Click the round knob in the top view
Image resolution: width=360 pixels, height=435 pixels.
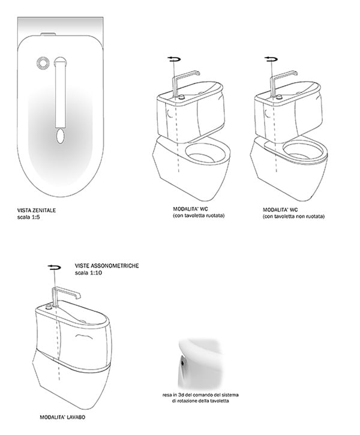coord(43,62)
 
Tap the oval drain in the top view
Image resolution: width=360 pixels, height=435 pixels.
coord(60,136)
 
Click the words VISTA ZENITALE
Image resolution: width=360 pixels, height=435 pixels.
coord(37,210)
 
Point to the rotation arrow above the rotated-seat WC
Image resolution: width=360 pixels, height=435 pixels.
coord(174,59)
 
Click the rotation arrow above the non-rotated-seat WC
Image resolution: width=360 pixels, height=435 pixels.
coord(271,59)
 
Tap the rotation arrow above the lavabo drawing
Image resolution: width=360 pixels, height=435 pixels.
coord(54,267)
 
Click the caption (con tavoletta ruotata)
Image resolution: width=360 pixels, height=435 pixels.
coord(199,215)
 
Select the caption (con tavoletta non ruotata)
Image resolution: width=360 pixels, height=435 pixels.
coord(294,217)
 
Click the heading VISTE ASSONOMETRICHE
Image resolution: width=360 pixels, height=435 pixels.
coord(107,266)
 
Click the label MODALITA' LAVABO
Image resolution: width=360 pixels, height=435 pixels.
coord(62,417)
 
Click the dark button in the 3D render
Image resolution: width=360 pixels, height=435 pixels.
coord(182,361)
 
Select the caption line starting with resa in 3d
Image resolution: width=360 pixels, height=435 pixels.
coord(200,395)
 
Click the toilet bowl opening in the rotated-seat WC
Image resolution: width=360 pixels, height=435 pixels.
coord(205,154)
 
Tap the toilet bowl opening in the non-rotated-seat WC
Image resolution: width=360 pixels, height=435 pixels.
coord(304,152)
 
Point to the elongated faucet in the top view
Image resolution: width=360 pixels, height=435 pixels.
coord(60,92)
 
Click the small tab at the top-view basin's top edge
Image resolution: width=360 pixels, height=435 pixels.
coord(48,34)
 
